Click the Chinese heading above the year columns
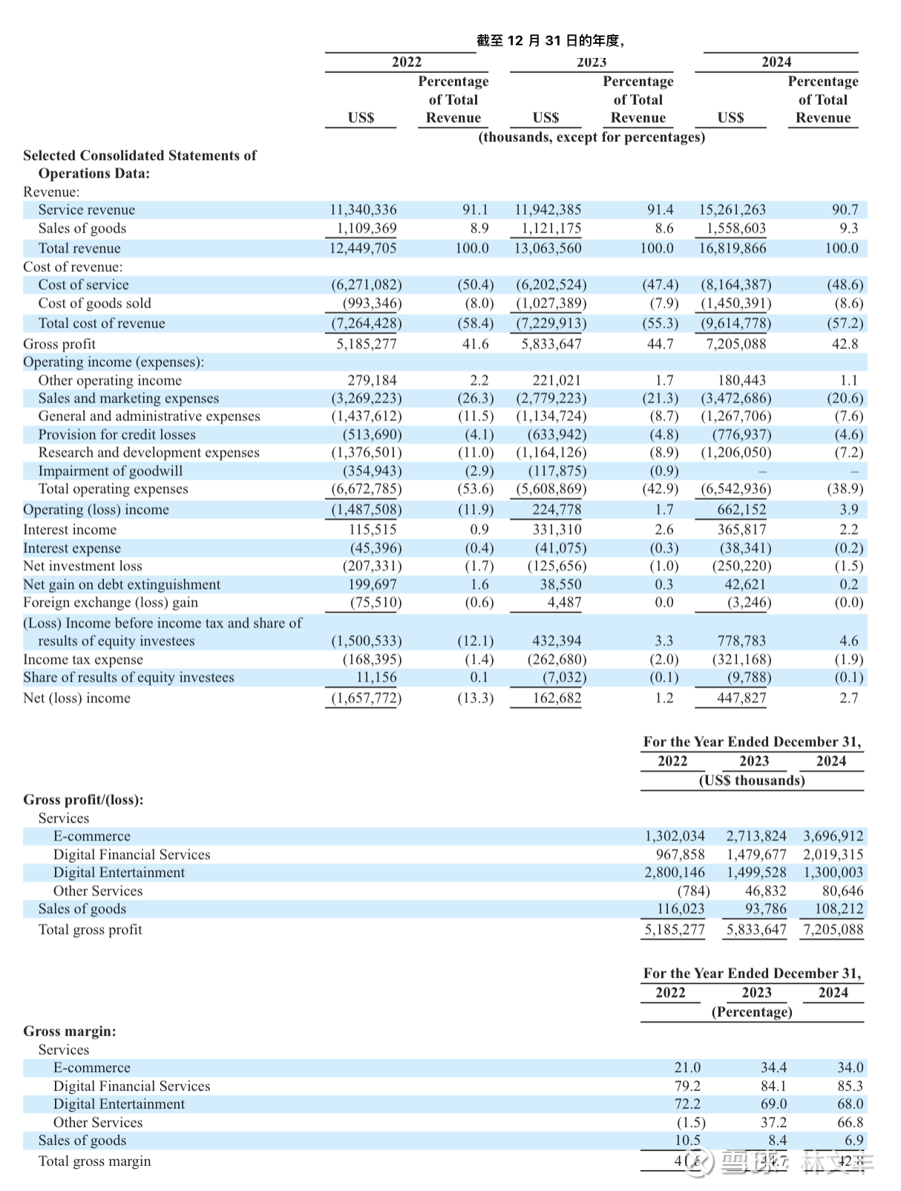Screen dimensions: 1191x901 click(550, 41)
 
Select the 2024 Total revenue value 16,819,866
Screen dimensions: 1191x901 click(732, 248)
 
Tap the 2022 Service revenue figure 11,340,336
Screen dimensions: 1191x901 click(363, 210)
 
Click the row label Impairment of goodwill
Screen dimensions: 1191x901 click(110, 471)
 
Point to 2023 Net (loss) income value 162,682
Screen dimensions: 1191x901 click(557, 698)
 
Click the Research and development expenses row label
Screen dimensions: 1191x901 click(148, 452)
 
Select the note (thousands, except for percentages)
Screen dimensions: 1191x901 click(592, 137)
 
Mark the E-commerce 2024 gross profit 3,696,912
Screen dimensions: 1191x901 click(833, 836)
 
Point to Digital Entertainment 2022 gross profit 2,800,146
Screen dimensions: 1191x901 click(674, 872)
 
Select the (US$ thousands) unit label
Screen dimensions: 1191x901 click(752, 780)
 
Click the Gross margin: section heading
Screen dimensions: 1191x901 click(70, 1031)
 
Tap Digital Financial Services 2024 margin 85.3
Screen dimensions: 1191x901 click(850, 1086)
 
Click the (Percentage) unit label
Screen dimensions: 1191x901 click(752, 1012)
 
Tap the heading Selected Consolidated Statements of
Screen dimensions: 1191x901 click(140, 155)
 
